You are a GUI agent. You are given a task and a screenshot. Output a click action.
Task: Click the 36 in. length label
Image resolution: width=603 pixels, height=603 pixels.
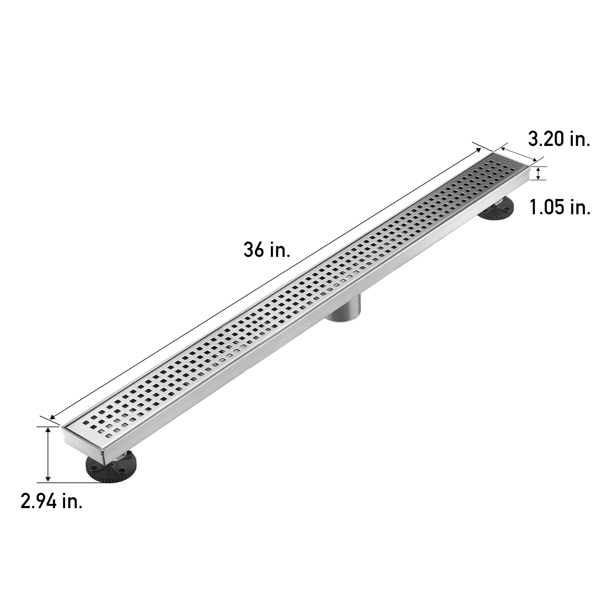(267, 250)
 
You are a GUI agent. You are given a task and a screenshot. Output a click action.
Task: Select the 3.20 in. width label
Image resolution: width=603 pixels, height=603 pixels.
(559, 140)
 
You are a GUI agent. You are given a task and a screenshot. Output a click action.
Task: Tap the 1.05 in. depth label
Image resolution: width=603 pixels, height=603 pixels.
(560, 207)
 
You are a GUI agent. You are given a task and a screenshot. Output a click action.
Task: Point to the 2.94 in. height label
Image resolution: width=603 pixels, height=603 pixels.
(52, 502)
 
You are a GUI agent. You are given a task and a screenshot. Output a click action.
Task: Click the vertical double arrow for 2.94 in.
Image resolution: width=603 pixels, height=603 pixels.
(48, 454)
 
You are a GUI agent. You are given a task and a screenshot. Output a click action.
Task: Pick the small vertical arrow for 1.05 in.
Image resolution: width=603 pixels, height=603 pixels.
(538, 174)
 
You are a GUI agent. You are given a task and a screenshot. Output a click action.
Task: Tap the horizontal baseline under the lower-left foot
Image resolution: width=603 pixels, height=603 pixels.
(72, 482)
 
